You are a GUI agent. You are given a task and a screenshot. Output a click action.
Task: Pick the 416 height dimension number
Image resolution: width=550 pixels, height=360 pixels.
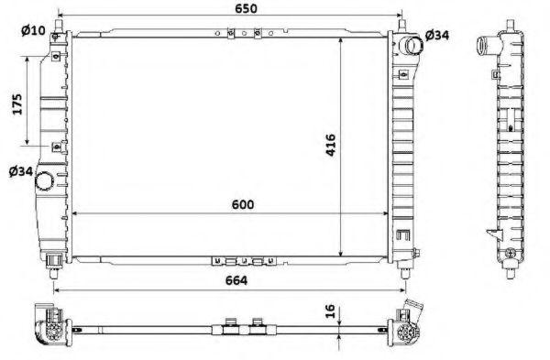[x=331, y=147]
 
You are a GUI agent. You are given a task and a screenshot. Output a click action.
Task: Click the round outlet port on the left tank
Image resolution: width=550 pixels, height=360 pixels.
[x=43, y=185]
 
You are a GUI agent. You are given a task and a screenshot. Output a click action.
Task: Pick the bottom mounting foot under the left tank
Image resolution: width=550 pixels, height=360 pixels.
[x=58, y=262]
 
